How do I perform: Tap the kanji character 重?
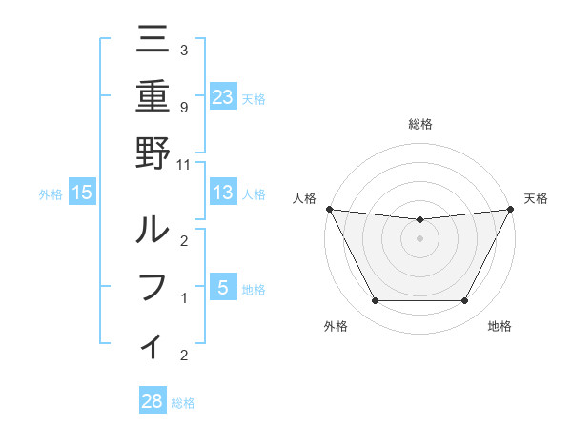(153, 97)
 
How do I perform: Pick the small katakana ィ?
(153, 345)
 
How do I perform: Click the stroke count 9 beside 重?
(183, 107)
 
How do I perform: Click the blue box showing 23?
(223, 96)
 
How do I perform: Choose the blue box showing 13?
(223, 193)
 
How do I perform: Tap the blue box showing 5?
(223, 288)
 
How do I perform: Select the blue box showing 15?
(82, 193)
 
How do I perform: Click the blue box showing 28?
(153, 401)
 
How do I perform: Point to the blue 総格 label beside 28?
(184, 403)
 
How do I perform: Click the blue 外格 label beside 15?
(51, 194)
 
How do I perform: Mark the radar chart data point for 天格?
(511, 209)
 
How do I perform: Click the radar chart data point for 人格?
(329, 209)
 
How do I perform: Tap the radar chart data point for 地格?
(464, 301)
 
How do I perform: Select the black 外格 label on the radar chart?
(336, 326)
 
